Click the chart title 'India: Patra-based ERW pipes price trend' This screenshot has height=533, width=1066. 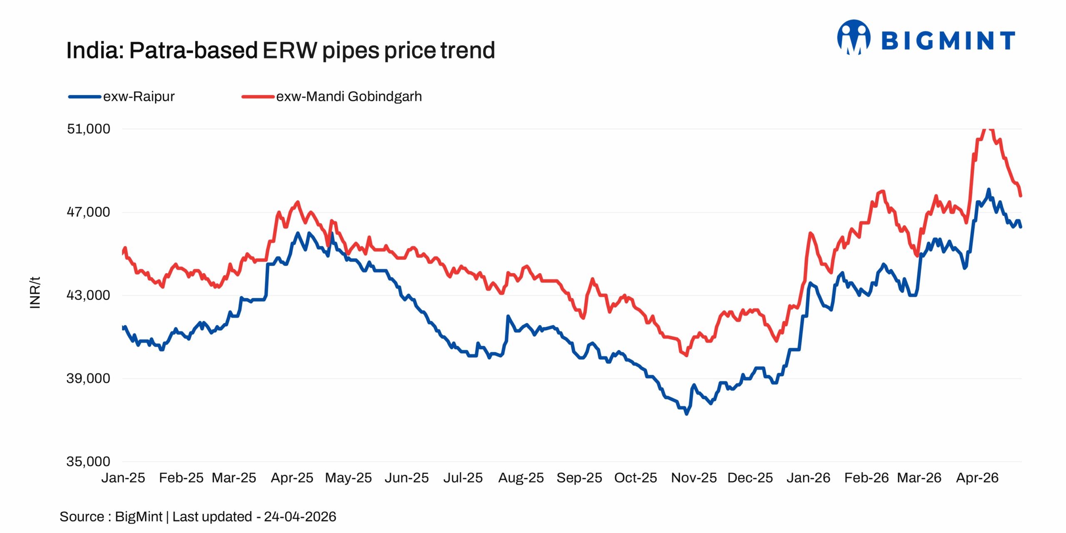coord(280,50)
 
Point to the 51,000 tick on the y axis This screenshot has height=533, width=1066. coord(88,129)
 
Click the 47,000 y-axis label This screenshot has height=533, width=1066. coord(88,212)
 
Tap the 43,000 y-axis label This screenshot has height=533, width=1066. coord(88,295)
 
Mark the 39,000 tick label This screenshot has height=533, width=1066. coord(88,379)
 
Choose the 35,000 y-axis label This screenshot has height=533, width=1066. coord(88,461)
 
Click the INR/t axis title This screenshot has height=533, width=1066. coord(35,292)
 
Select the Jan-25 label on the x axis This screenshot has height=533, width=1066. coord(123,478)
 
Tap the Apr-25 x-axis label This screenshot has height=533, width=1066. coord(292,478)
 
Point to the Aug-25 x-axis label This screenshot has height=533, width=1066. coord(521,478)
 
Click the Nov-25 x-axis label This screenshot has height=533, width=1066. coord(694,478)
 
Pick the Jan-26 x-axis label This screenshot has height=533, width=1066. coord(808,478)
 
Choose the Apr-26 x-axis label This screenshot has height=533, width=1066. coord(977,478)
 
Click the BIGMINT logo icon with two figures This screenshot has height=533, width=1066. coord(854,37)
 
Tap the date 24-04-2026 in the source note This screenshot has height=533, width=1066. coord(300,517)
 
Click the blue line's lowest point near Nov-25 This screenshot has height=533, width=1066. coord(687,414)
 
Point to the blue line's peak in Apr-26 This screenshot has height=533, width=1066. coord(989,190)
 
